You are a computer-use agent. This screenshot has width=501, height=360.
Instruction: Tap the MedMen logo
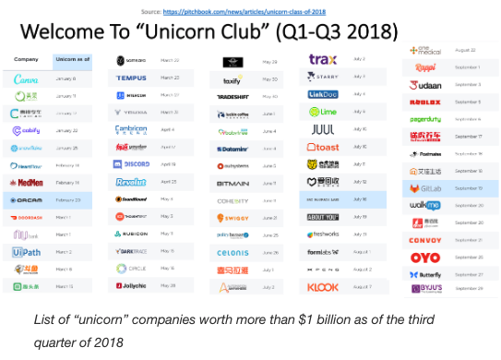26,183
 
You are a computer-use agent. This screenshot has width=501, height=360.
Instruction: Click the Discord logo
131,163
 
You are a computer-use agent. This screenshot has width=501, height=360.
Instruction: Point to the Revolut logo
131,182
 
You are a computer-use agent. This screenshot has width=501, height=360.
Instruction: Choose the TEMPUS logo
131,78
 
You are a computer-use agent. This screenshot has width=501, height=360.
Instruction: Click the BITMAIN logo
236,183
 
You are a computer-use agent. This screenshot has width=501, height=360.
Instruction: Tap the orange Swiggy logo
236,217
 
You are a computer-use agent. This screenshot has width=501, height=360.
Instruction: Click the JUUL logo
322,129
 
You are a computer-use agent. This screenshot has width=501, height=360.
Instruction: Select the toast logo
322,147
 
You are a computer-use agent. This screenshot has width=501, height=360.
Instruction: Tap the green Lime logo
322,112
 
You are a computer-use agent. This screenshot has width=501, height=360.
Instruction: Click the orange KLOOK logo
322,287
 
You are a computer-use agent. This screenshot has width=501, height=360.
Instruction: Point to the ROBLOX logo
427,102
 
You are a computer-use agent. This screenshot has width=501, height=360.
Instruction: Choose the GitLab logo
427,187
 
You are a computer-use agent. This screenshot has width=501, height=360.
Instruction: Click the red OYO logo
427,258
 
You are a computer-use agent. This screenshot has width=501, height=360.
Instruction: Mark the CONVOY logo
427,240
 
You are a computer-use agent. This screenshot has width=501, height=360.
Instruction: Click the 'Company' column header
26,59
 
